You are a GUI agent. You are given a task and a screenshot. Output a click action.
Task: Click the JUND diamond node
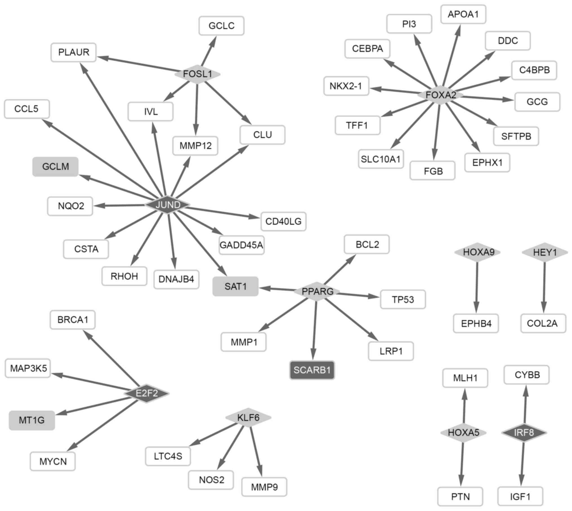tap(168, 205)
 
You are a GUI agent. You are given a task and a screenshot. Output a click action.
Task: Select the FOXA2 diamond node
tap(441, 95)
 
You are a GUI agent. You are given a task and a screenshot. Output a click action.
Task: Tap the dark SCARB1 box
tap(312, 370)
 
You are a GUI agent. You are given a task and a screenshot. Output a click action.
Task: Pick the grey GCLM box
tap(55, 167)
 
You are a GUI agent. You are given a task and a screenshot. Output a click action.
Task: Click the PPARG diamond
tap(317, 291)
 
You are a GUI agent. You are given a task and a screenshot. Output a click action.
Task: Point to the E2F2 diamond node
tap(147, 393)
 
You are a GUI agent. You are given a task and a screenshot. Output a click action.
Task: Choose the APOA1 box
tap(463, 14)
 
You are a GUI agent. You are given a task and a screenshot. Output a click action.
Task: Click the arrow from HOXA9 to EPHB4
tap(477, 287)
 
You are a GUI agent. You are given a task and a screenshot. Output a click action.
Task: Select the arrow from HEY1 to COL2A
tap(544, 287)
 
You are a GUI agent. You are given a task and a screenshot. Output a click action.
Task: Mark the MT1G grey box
tap(32, 420)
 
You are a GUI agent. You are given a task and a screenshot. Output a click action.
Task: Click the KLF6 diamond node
tap(248, 417)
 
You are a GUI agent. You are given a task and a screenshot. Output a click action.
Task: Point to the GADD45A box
tap(242, 245)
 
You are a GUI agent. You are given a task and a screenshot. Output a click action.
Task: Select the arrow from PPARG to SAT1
tap(277, 289)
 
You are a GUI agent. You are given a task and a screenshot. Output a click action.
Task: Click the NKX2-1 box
tap(346, 86)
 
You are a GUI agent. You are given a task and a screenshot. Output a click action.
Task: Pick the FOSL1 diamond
tap(197, 74)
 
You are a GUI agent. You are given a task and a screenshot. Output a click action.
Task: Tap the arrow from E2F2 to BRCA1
tap(111, 358)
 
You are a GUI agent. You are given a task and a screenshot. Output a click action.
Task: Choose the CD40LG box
tap(283, 222)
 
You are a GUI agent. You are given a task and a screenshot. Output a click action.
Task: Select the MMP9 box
tap(264, 487)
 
